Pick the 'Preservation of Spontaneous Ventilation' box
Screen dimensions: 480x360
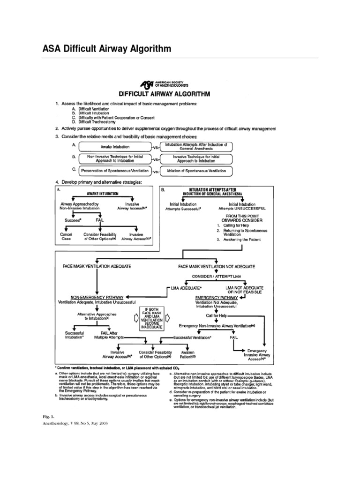[114, 170]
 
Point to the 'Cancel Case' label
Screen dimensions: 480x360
[66, 236]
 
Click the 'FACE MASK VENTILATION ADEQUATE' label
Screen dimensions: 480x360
[97, 266]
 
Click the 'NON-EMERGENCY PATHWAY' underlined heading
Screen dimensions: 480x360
[97, 297]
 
